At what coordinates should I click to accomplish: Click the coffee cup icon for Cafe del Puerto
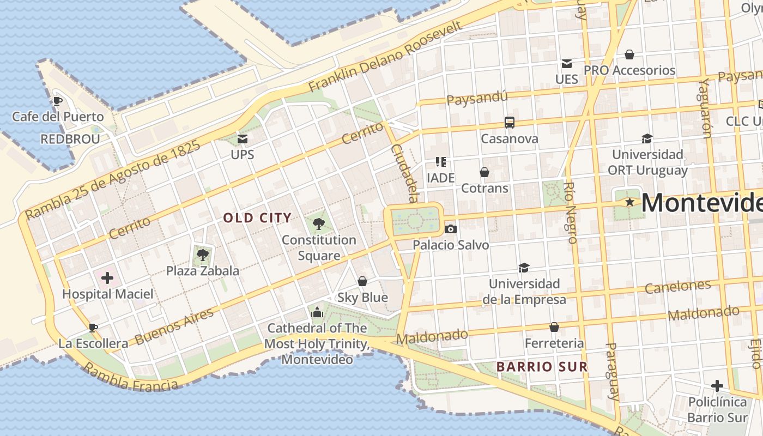click(x=57, y=101)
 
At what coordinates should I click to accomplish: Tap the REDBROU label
click(x=70, y=139)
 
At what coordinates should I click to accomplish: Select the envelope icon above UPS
click(x=242, y=139)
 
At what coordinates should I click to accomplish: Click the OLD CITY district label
click(x=257, y=218)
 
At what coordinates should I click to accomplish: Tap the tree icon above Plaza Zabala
click(x=202, y=254)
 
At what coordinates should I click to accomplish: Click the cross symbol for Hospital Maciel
click(x=107, y=278)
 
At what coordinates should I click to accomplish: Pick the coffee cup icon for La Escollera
click(x=93, y=328)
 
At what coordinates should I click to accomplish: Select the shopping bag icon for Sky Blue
click(x=362, y=281)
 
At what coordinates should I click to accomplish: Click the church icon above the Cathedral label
click(x=317, y=312)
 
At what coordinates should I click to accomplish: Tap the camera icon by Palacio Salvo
click(x=450, y=229)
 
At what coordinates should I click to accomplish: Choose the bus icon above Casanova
click(x=510, y=123)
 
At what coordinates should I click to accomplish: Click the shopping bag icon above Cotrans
click(x=485, y=172)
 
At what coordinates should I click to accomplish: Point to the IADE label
click(x=440, y=178)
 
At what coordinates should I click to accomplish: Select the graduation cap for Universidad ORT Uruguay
click(x=647, y=138)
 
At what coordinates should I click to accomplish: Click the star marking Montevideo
click(x=630, y=202)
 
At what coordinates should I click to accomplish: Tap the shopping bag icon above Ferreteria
click(x=554, y=327)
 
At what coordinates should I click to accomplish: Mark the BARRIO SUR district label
click(x=542, y=367)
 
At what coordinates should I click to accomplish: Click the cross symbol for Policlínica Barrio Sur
click(x=717, y=386)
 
